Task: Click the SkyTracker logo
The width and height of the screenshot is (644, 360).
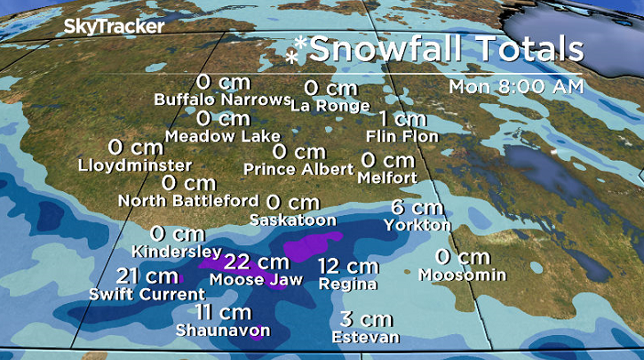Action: [114, 27]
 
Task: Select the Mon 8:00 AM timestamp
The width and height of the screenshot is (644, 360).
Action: [516, 87]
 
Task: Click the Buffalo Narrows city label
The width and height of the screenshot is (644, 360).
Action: [222, 99]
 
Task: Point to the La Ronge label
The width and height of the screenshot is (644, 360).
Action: [330, 106]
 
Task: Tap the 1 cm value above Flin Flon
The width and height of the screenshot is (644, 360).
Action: [402, 119]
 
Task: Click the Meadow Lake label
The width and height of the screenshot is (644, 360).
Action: [222, 137]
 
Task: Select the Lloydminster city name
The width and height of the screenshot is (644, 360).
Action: [134, 165]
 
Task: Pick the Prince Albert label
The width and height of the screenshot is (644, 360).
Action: [298, 169]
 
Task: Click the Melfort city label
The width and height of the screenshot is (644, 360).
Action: [387, 178]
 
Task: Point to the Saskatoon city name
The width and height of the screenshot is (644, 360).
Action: [293, 220]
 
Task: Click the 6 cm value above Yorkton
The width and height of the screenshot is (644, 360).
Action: [417, 208]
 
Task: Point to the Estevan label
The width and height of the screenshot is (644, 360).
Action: [365, 338]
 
